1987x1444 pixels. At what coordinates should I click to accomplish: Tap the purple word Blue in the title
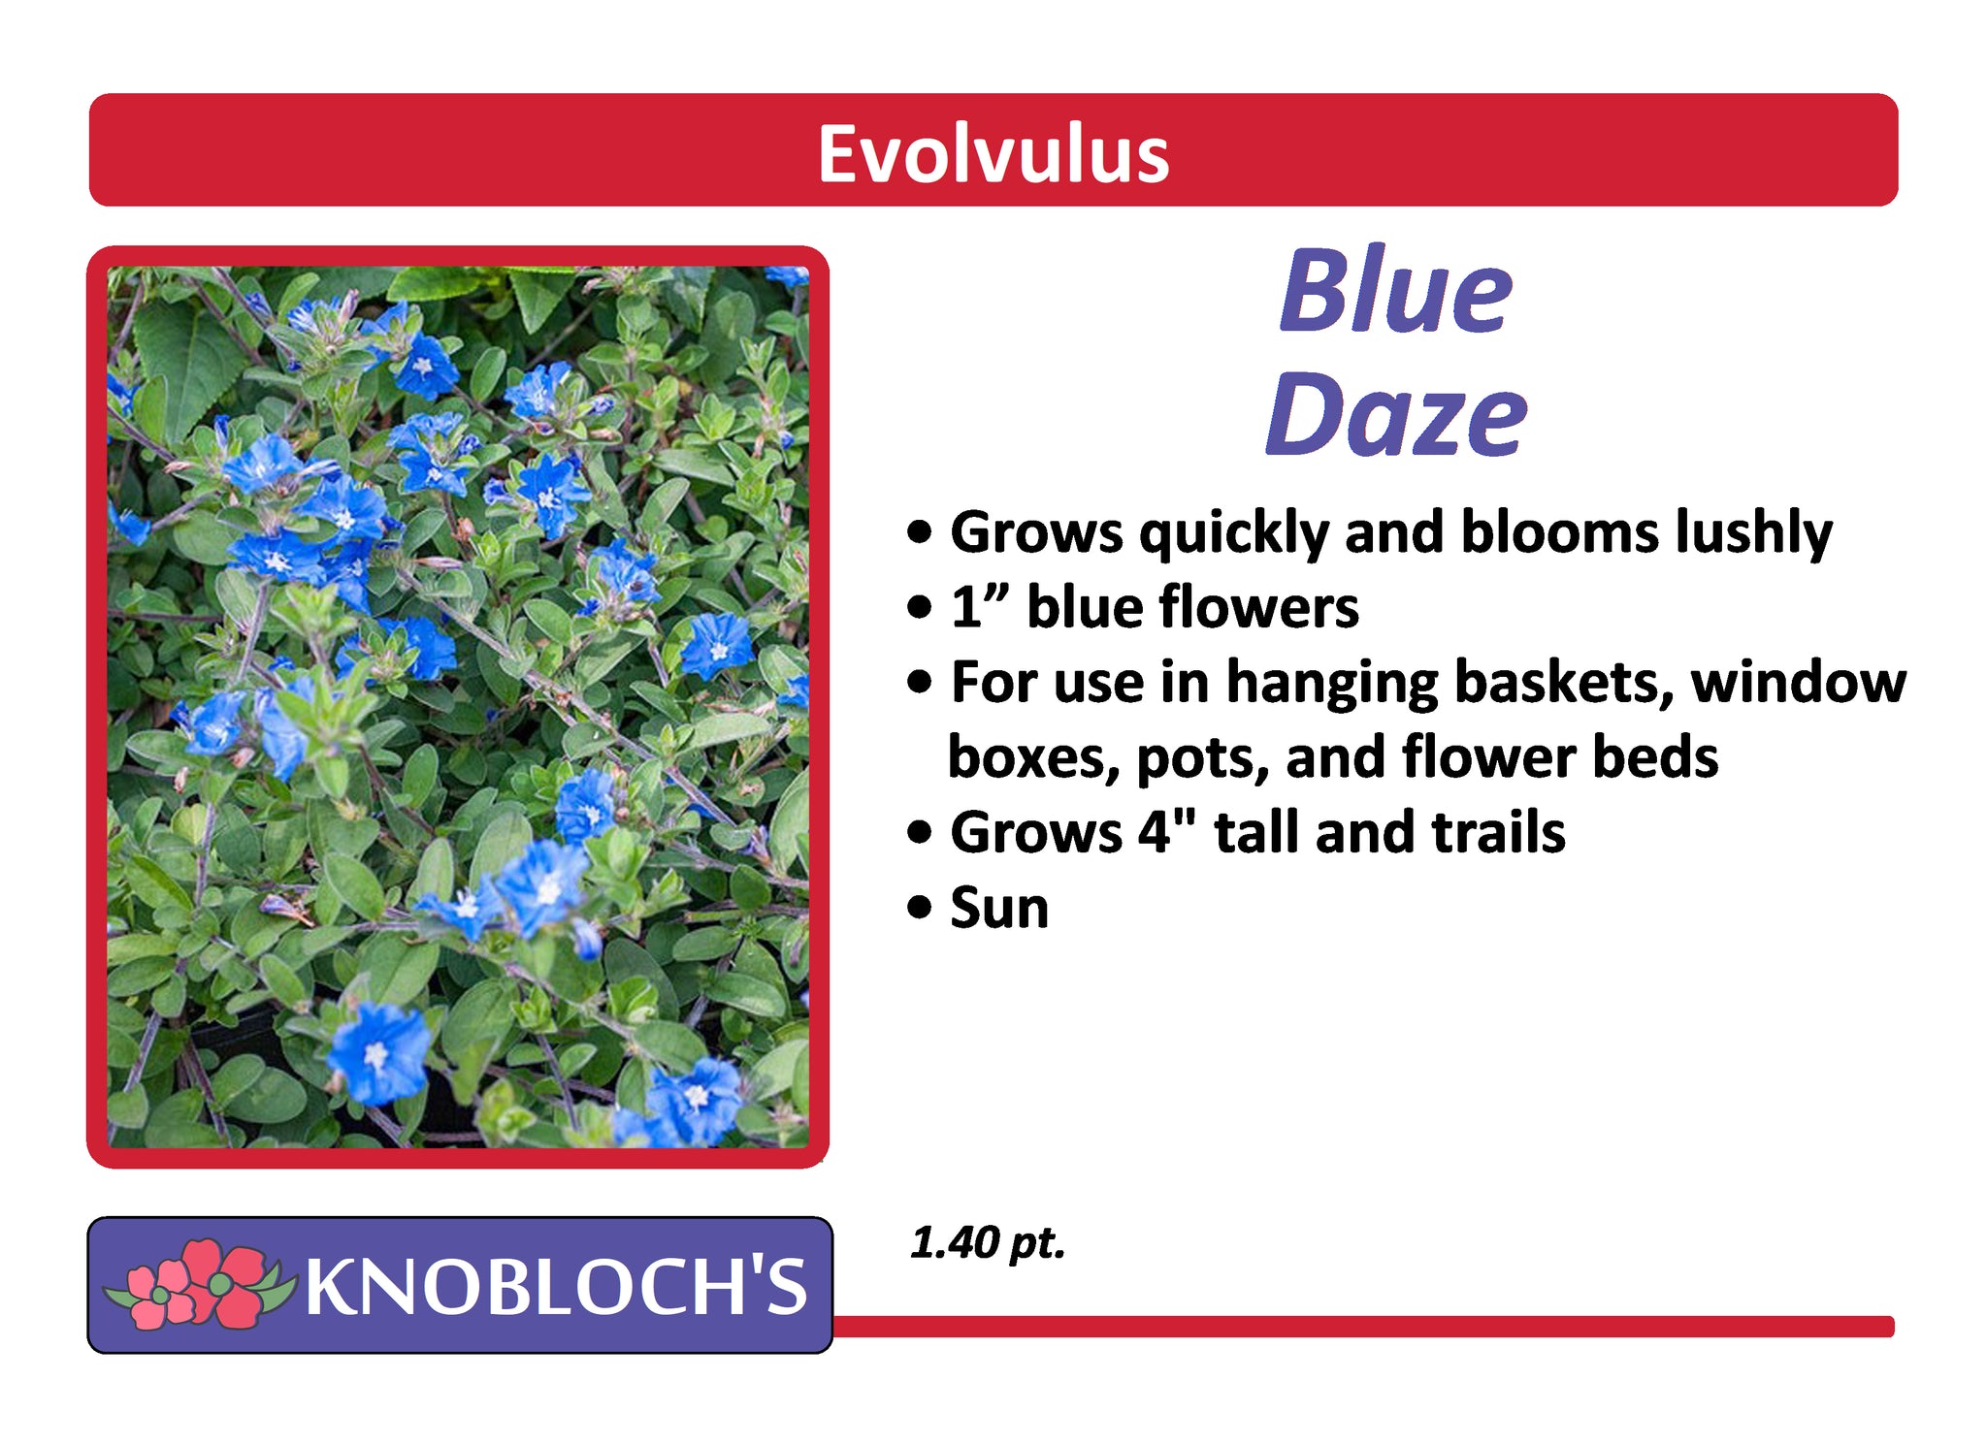click(1396, 290)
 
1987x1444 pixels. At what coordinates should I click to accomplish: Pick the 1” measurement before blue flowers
click(981, 607)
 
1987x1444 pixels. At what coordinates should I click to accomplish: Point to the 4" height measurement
click(1167, 831)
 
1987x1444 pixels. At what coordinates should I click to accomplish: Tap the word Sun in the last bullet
click(999, 909)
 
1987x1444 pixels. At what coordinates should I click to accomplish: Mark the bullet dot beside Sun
click(920, 910)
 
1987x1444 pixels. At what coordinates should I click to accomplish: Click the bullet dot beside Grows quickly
click(920, 532)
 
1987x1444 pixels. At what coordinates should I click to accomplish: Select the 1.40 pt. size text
click(988, 1243)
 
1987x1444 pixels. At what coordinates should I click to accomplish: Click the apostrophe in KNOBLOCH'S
click(752, 1268)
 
